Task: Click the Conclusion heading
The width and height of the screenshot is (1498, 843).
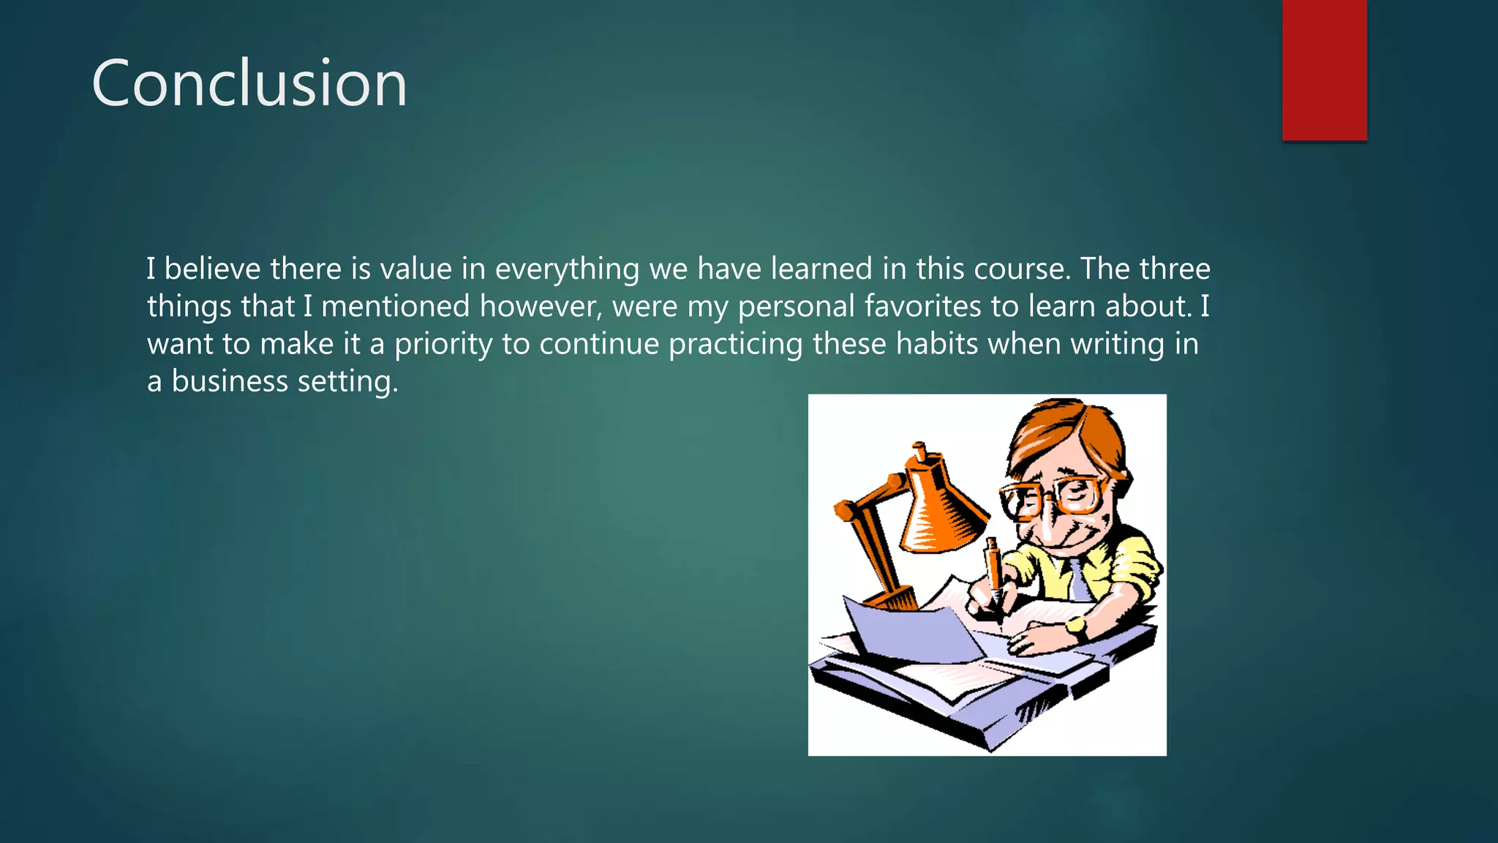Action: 249,83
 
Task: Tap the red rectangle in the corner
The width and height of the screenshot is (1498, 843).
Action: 1324,70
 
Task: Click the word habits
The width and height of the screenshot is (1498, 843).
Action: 936,343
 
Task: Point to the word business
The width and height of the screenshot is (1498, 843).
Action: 230,381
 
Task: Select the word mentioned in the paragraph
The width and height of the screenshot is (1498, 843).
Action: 395,306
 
